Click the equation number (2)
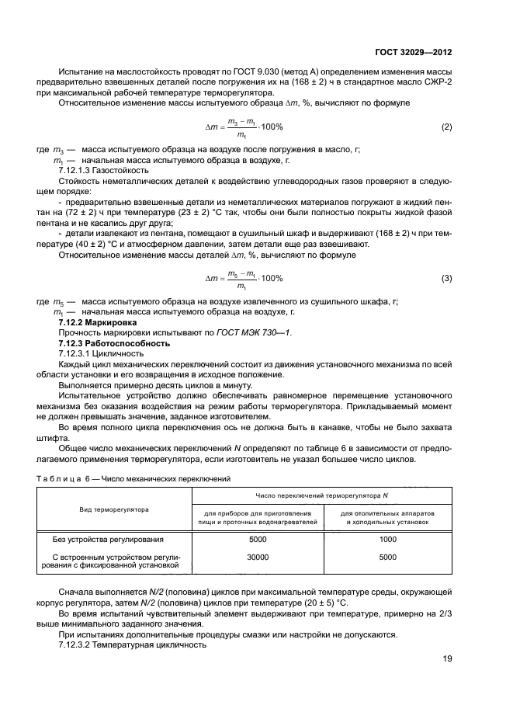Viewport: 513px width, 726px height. (x=446, y=126)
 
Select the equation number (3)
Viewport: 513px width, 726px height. (x=446, y=278)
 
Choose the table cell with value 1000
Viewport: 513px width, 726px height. (x=387, y=538)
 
